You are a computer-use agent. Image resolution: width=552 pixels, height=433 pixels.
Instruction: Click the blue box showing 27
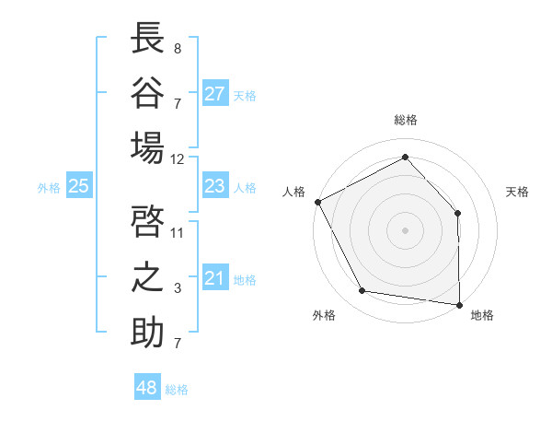[x=215, y=94]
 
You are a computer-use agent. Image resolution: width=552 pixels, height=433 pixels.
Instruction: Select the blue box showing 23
[x=215, y=186]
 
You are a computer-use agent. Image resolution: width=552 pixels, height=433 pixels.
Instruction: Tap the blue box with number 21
[x=215, y=278]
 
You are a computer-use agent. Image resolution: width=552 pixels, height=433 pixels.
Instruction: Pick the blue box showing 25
[x=79, y=186]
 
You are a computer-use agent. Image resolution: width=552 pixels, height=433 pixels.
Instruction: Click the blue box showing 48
[x=147, y=388]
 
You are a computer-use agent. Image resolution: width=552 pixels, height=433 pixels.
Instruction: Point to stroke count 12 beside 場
[x=178, y=158]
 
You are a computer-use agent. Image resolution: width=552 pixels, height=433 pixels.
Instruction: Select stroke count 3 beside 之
[x=178, y=288]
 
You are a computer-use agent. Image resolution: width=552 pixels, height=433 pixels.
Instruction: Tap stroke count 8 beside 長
[x=178, y=48]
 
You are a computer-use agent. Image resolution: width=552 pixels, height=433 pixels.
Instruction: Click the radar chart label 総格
[x=406, y=120]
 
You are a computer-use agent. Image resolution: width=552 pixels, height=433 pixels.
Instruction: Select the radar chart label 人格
[x=294, y=192]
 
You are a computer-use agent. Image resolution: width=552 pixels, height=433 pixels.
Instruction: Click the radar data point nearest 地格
[x=459, y=303]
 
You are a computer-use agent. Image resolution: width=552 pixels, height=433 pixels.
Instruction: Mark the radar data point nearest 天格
[x=458, y=213]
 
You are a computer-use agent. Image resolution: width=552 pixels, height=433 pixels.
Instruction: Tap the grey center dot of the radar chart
[x=406, y=229]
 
